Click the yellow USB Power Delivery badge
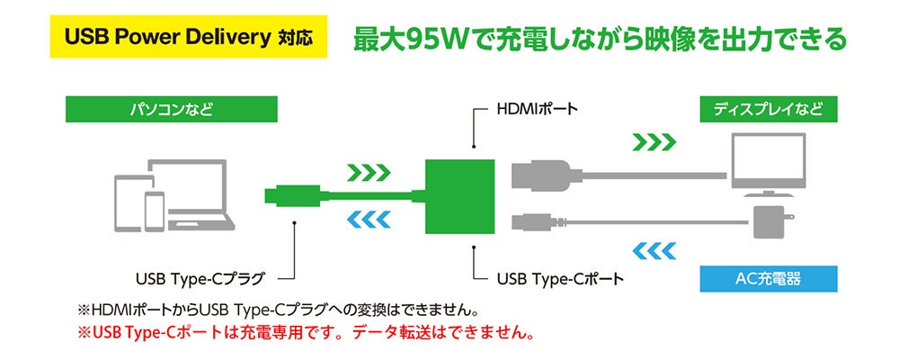point(189,37)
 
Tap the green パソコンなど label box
point(172,109)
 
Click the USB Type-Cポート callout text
point(559,280)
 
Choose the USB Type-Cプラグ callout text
point(200,280)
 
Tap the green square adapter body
point(459,197)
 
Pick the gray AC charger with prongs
point(771,222)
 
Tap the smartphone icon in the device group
point(155,211)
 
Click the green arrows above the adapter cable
point(369,172)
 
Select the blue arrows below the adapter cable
point(369,219)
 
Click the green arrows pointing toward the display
point(654,142)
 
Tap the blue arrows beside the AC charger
point(654,250)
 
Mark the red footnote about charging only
point(307,332)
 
